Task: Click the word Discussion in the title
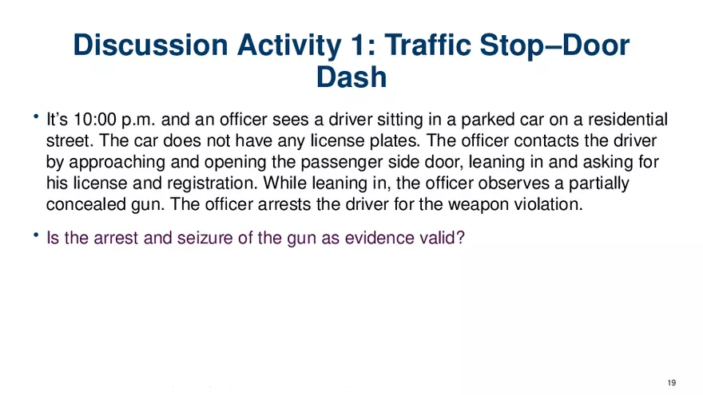point(150,45)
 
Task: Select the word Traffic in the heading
point(427,45)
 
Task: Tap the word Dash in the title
point(351,77)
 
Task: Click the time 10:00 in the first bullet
point(94,120)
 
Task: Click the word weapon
point(479,205)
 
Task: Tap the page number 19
point(672,383)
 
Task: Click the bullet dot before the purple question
point(36,235)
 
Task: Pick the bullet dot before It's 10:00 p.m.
point(36,117)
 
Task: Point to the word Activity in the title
point(288,45)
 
